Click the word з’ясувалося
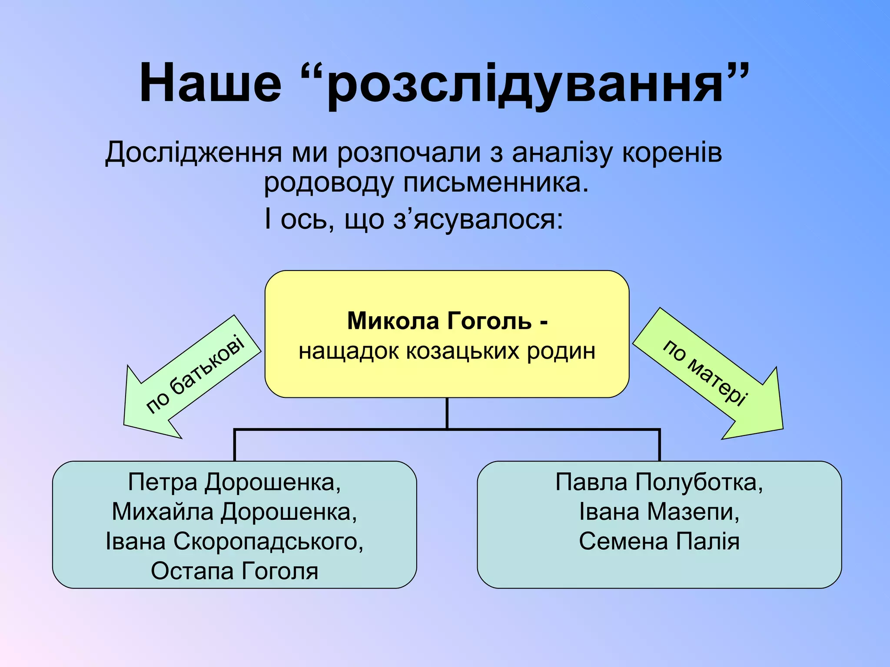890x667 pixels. [478, 219]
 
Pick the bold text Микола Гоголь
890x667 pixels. [439, 321]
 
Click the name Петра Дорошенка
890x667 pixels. [234, 482]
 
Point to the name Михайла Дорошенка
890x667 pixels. [234, 512]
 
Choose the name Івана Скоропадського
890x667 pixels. [234, 542]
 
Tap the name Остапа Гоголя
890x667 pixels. [234, 571]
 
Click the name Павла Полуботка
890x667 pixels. [659, 482]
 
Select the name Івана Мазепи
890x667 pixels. [659, 512]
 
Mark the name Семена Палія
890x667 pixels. [659, 542]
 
